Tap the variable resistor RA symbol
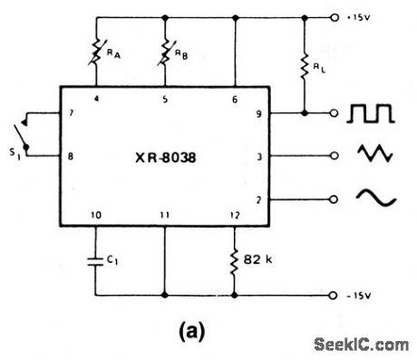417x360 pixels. [95, 55]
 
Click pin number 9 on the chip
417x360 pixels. [260, 114]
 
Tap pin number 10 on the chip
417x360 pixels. [95, 215]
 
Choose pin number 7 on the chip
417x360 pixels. [71, 114]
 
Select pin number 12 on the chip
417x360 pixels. [234, 215]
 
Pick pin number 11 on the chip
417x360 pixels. [166, 215]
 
